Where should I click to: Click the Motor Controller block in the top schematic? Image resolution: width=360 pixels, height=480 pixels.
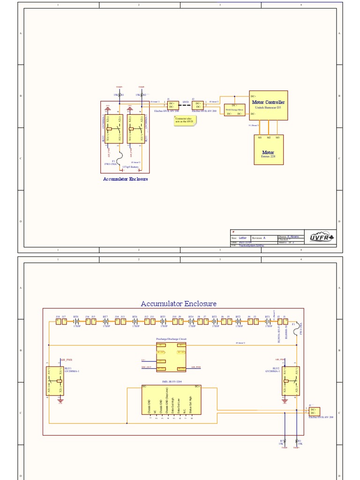pos(268,105)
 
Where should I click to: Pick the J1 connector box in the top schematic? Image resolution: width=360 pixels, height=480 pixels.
pos(172,105)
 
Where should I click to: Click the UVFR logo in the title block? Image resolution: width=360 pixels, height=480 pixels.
pos(322,238)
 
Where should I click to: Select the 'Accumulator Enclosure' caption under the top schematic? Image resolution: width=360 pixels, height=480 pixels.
pos(125,179)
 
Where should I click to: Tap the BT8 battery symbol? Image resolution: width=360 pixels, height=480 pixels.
pos(77,322)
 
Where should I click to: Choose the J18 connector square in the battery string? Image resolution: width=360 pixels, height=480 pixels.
pos(58,322)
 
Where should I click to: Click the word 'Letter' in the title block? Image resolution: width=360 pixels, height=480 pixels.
pos(243,238)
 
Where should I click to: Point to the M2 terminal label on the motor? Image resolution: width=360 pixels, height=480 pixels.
pos(269,137)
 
